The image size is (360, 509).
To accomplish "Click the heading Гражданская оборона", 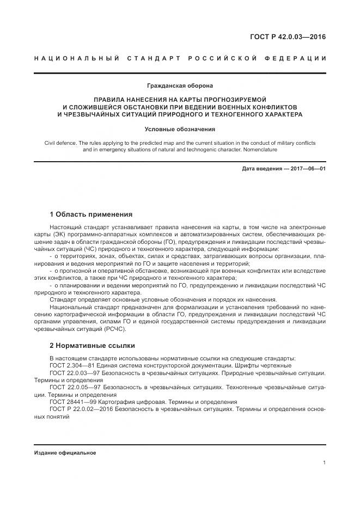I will tap(180, 85).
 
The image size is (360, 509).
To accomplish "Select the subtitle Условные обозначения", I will tap(180, 129).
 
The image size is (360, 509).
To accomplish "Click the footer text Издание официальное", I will tap(65, 453).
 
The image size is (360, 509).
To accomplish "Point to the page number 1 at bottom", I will tap(324, 463).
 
